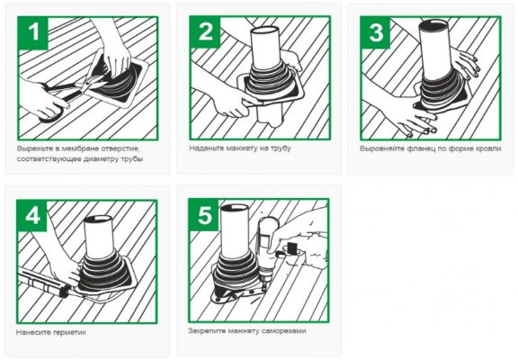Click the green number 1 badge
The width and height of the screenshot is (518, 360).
(x=33, y=32)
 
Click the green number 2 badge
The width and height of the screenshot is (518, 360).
(x=205, y=32)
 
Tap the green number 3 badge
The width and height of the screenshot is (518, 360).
(x=376, y=32)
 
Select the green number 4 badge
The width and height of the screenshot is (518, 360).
(x=32, y=216)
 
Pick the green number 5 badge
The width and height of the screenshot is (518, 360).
(x=204, y=215)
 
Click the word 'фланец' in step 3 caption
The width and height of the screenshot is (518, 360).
(x=419, y=148)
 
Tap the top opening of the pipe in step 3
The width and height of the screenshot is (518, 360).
(x=433, y=23)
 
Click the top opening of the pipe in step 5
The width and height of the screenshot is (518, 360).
(x=235, y=208)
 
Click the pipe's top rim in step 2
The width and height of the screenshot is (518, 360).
(x=264, y=30)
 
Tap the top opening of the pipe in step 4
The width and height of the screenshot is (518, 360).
(x=98, y=219)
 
